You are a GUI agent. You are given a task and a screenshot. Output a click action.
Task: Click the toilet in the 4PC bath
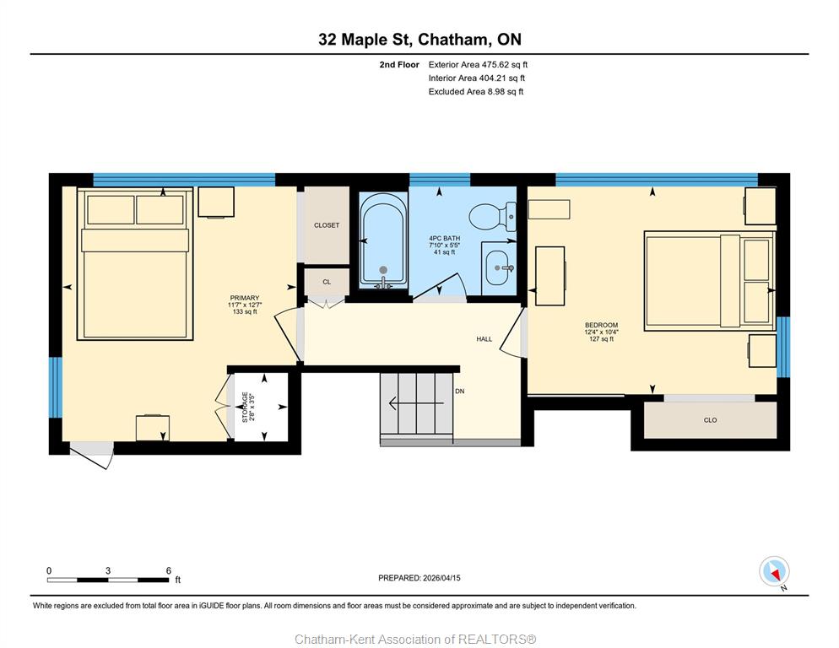(x=492, y=217)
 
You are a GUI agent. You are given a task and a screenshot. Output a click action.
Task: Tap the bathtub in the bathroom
(x=382, y=240)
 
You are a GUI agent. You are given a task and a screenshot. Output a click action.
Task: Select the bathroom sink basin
(x=499, y=267)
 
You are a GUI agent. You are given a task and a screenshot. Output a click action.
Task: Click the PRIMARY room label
(x=245, y=298)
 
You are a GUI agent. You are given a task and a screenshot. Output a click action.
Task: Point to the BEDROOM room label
(x=602, y=325)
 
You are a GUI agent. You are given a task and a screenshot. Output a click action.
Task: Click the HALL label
(x=484, y=338)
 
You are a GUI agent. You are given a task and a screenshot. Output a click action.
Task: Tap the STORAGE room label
(x=245, y=408)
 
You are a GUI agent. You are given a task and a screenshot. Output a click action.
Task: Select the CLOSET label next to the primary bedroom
(x=327, y=225)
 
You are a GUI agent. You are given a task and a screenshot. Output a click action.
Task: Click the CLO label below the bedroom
(x=710, y=420)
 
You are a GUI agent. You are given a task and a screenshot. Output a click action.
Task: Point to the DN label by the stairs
(x=460, y=391)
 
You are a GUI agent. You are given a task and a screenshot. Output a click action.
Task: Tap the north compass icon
(x=774, y=571)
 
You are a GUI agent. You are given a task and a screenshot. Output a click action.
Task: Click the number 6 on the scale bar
(x=169, y=570)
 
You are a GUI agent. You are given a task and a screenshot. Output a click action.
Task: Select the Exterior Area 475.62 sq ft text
(x=478, y=65)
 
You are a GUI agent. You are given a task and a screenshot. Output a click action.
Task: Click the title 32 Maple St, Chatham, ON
(x=419, y=39)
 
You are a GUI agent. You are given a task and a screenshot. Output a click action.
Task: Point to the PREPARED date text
(x=419, y=578)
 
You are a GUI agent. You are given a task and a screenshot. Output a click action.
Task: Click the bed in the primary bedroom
(x=135, y=264)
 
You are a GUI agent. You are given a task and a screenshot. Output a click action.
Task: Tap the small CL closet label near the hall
(x=327, y=282)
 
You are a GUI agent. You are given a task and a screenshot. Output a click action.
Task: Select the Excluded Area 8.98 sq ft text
(x=476, y=91)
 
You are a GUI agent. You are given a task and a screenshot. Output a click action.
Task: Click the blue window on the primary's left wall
(x=56, y=387)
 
